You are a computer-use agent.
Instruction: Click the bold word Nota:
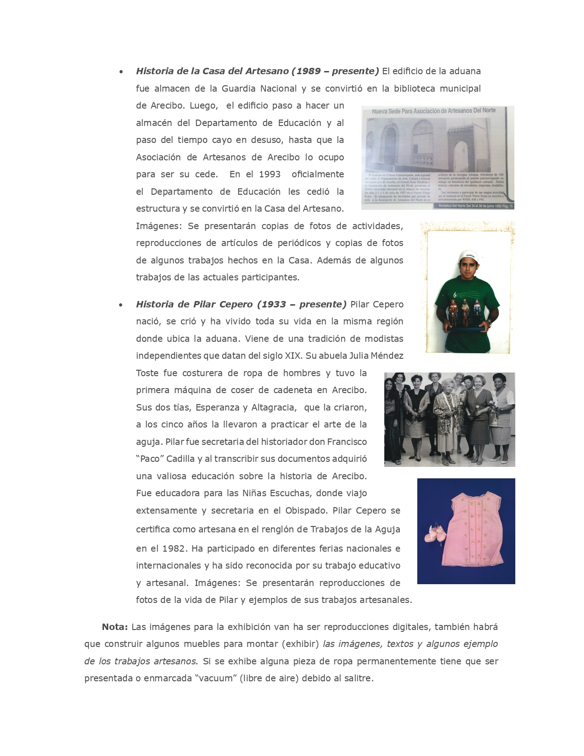115,627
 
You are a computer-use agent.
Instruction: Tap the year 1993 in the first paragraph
269,174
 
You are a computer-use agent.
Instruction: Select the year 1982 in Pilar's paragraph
174,548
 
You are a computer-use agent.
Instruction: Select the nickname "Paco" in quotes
149,459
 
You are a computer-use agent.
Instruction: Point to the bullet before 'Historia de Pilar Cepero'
120,305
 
